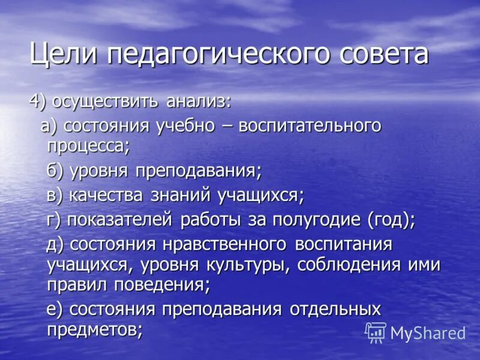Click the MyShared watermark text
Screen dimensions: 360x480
tap(428, 332)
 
